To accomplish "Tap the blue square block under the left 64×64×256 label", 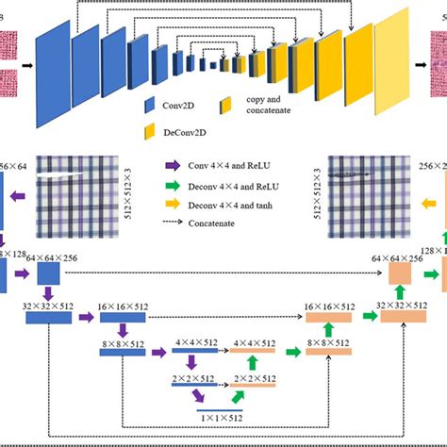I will [x=50, y=248].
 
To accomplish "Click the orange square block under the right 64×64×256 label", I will [x=401, y=248].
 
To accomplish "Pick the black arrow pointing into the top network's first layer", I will [x=27, y=65].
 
